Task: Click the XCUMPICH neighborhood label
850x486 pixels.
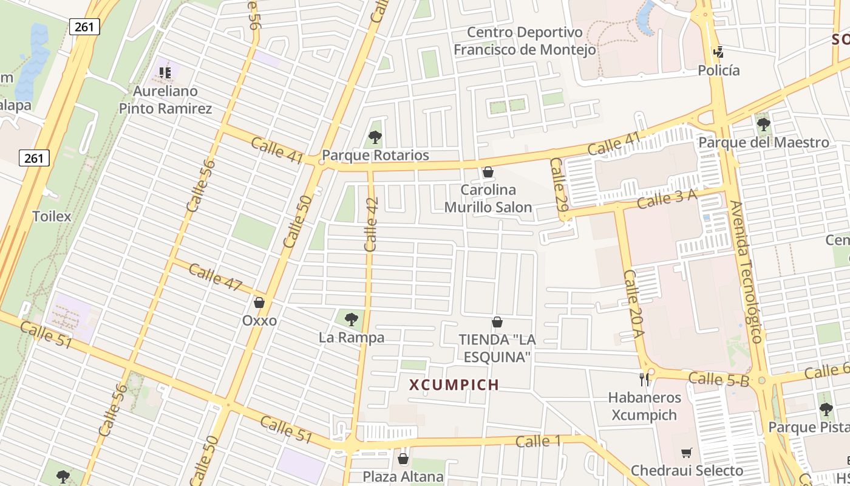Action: tap(454, 385)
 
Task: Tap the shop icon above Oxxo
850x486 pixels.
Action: tap(259, 303)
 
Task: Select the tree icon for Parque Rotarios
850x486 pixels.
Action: tap(375, 137)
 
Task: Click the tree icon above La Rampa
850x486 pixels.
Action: tap(351, 319)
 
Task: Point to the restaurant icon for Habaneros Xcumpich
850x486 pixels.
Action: tap(644, 380)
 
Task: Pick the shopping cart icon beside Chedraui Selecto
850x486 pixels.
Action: tap(686, 453)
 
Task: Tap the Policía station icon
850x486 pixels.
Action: tap(719, 52)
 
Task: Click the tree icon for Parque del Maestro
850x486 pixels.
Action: tap(763, 125)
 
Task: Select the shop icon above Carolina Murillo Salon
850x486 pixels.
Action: tap(488, 173)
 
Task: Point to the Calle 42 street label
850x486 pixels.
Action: tap(372, 224)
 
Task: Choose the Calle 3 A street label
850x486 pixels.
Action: tap(667, 199)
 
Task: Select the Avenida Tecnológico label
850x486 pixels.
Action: tap(747, 272)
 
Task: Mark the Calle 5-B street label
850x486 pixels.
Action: tap(719, 379)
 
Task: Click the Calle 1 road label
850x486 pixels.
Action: tap(537, 441)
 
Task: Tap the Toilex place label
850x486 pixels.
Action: tap(52, 216)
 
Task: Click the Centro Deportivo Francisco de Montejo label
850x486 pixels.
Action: tap(525, 41)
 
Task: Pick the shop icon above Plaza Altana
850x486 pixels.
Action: tap(403, 459)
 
